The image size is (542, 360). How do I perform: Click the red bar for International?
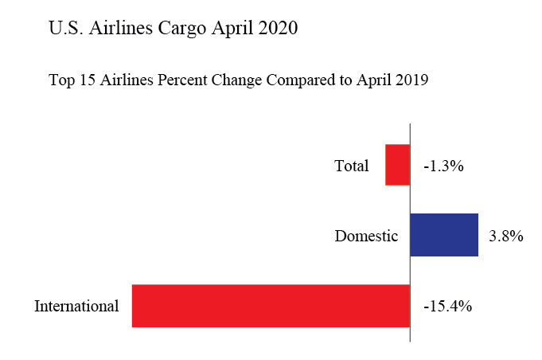click(x=271, y=305)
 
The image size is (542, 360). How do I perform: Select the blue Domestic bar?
click(x=444, y=235)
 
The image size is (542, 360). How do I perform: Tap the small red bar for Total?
click(x=397, y=165)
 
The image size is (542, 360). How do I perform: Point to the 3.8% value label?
click(x=505, y=236)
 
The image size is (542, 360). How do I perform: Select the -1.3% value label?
click(x=443, y=166)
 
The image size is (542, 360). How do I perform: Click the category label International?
click(x=76, y=306)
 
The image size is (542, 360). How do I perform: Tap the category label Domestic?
click(x=365, y=236)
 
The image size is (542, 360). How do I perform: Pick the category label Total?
click(x=352, y=166)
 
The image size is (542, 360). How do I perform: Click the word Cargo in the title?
click(x=179, y=29)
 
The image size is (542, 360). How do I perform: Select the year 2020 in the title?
click(x=275, y=29)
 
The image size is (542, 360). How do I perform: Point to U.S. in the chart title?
click(x=64, y=29)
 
